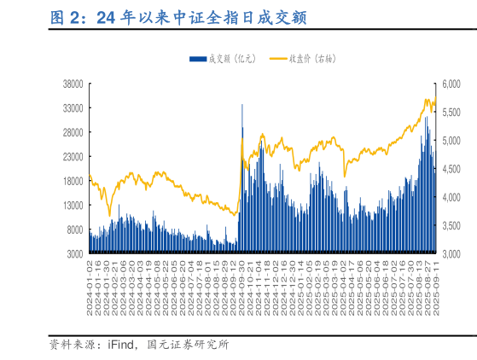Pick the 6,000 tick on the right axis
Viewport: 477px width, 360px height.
450,84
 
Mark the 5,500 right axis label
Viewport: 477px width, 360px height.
450,112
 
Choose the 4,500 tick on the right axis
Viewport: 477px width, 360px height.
450,169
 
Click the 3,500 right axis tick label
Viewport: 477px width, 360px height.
450,226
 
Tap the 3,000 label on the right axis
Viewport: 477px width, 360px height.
450,254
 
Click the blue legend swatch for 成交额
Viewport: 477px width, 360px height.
197,59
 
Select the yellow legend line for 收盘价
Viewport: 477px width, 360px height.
277,59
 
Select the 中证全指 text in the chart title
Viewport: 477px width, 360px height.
199,18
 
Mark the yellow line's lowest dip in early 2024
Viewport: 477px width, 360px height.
109,215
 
